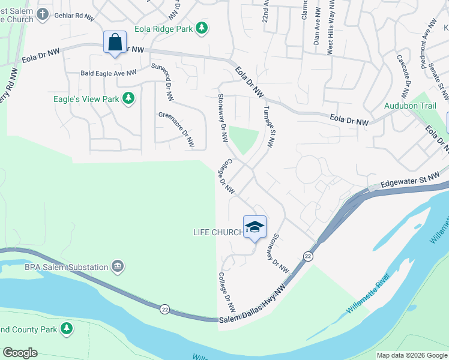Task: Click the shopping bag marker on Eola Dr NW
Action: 115,43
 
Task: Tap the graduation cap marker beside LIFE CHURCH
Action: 255,227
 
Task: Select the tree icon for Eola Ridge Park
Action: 202,27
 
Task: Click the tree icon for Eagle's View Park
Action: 128,98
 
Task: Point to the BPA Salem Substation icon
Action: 118,266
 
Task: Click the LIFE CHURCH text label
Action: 217,232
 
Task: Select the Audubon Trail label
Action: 410,106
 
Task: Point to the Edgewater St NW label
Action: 410,178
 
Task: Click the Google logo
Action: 20,353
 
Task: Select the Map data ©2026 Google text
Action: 411,355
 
